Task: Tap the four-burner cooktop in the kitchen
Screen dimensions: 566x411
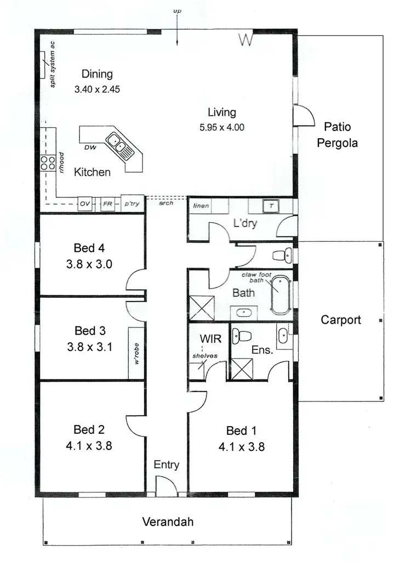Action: (47, 162)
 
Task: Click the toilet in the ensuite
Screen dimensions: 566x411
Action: (241, 336)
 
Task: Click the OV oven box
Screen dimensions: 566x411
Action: (84, 204)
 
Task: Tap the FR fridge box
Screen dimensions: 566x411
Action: (108, 204)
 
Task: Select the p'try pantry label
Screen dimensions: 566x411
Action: (132, 204)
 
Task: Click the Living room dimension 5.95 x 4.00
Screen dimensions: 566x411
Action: (222, 127)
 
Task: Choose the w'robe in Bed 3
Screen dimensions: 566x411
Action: (136, 353)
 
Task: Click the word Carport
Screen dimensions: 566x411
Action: (341, 320)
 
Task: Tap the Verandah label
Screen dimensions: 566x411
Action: (168, 522)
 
